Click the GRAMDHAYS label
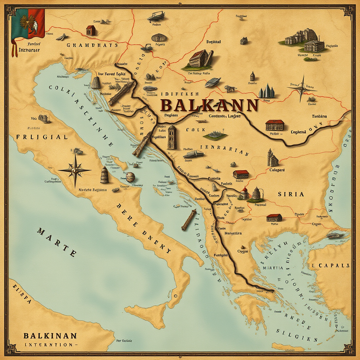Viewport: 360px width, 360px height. coord(92,45)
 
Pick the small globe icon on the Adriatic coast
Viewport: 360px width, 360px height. coord(130,177)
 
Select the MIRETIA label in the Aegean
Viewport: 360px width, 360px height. coord(272,267)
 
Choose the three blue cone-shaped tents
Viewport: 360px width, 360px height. coord(267,91)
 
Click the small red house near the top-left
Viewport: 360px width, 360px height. coord(91,30)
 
